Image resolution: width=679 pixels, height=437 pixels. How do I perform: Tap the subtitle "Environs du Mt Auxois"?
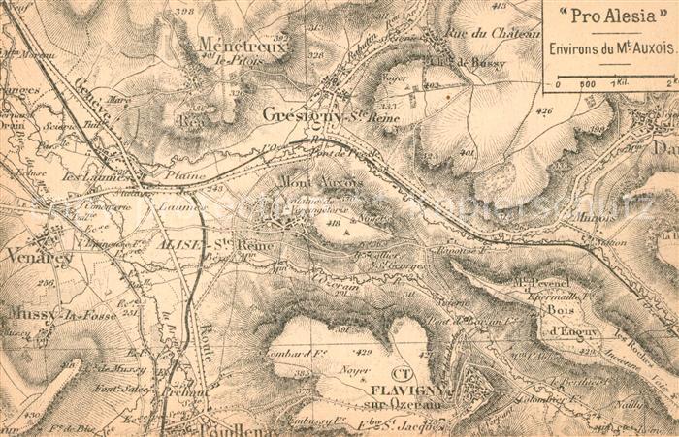point(610,47)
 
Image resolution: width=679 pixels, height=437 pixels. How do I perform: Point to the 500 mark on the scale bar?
point(588,84)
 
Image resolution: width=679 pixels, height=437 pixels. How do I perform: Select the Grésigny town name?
point(298,114)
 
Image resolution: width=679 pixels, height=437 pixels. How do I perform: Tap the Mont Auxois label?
point(320,181)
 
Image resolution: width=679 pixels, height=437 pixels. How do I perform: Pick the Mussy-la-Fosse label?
point(48,313)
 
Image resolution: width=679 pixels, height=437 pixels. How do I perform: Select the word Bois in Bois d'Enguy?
point(560,310)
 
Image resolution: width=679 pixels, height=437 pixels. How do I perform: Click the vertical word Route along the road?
point(206,340)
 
